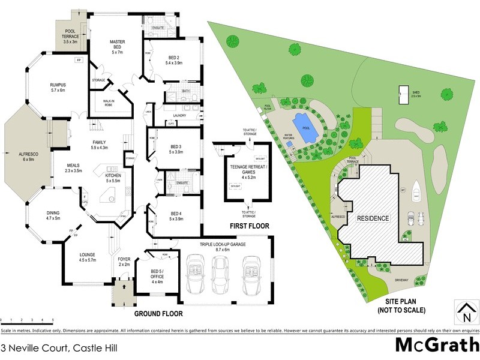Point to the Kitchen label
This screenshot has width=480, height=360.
[x=113, y=177]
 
